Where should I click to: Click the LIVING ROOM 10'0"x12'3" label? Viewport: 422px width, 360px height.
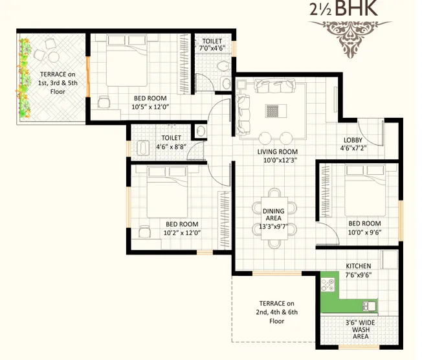[276, 156]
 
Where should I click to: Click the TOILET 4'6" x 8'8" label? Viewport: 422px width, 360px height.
[171, 142]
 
